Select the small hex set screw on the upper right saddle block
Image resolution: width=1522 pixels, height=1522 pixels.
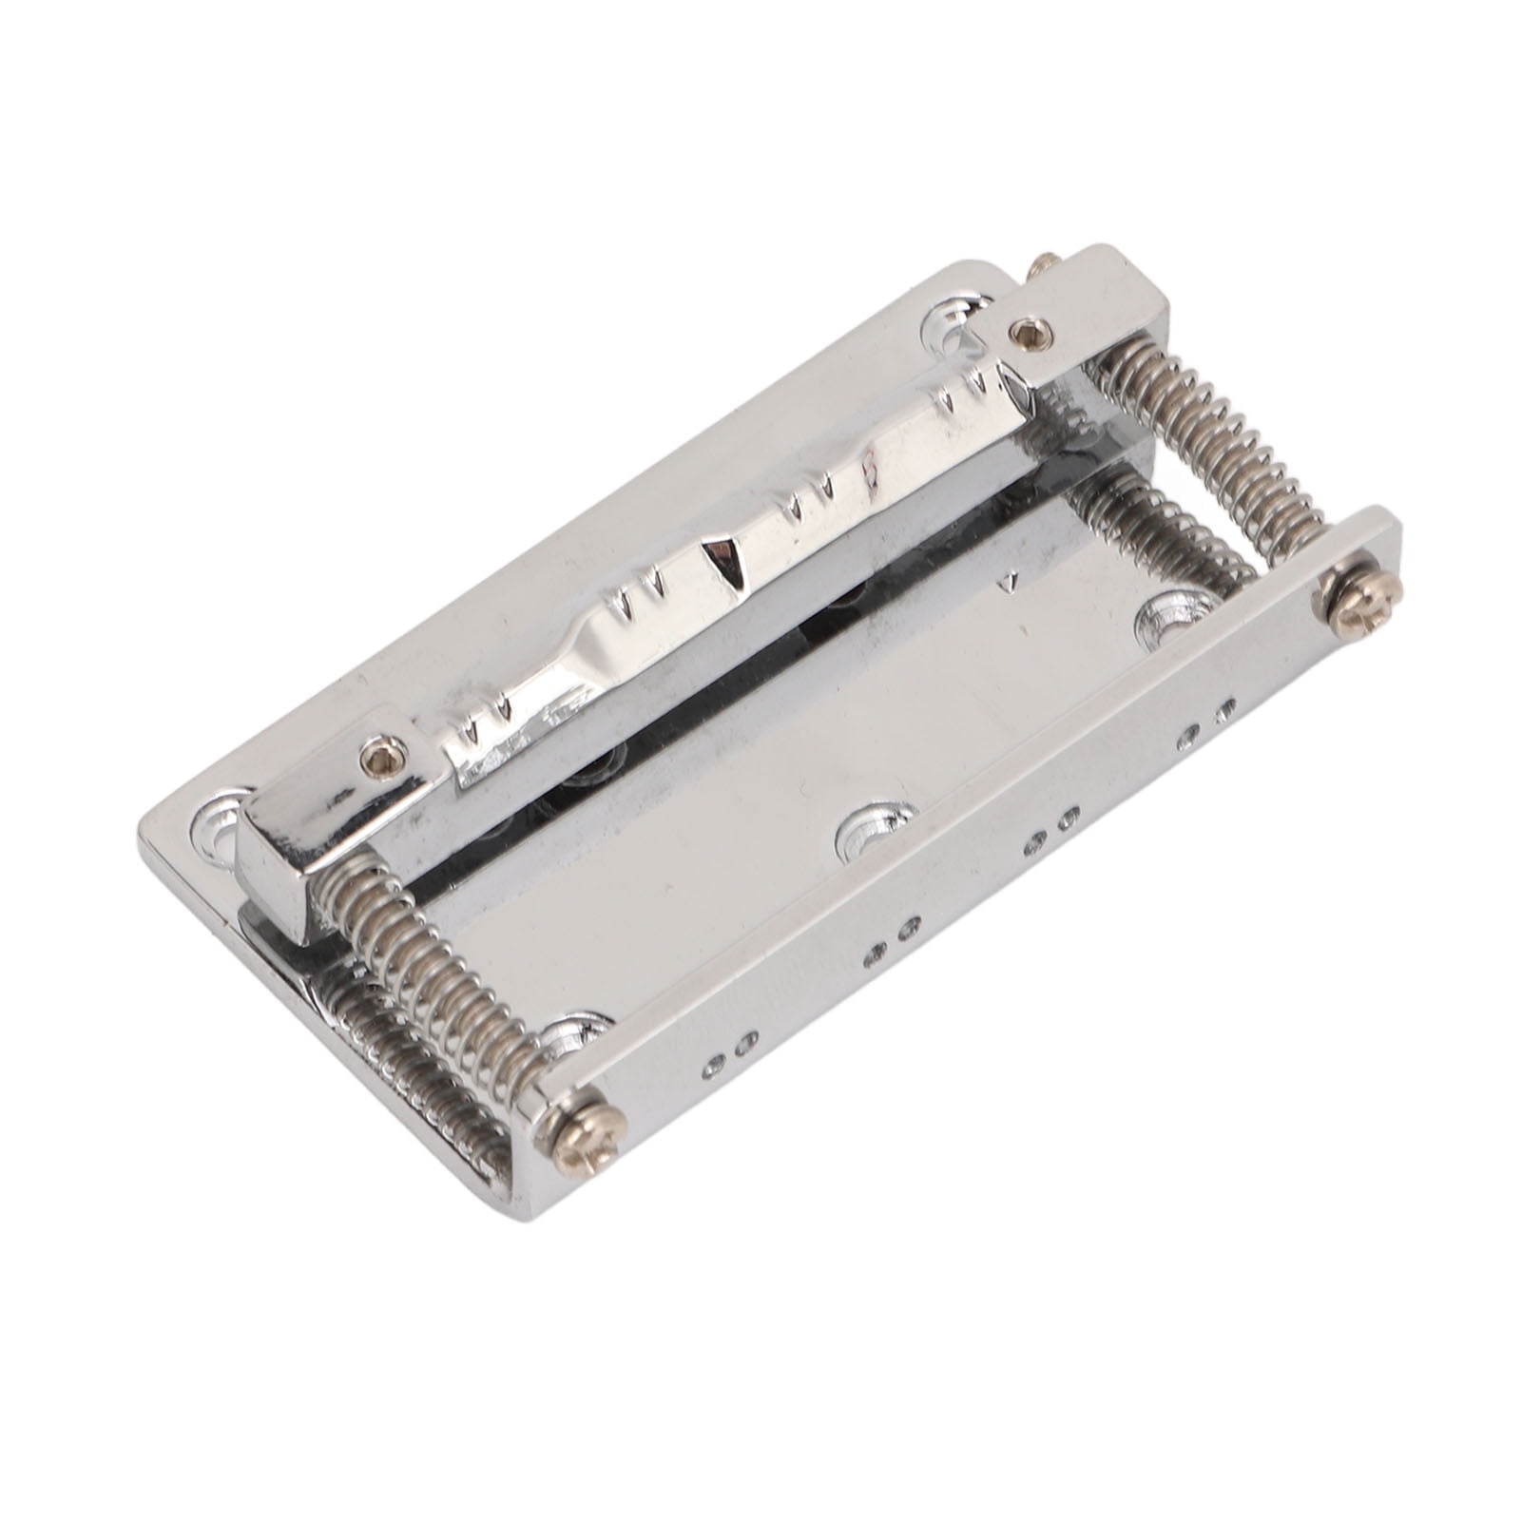1028,332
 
